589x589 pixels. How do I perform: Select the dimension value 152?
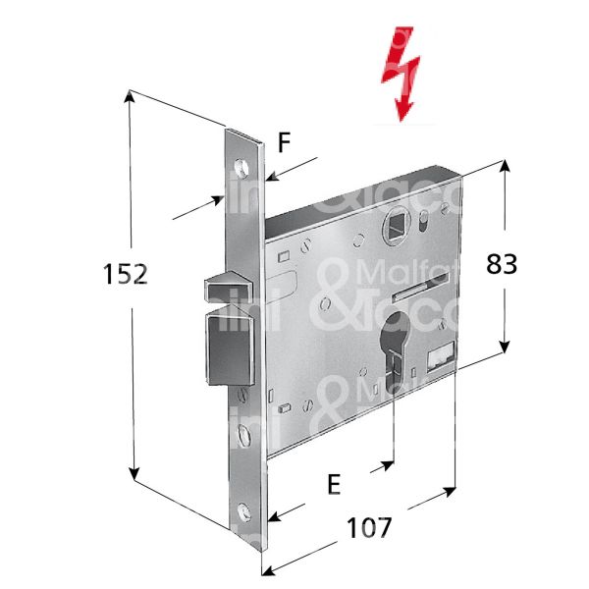(x=126, y=275)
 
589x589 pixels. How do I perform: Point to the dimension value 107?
(x=368, y=527)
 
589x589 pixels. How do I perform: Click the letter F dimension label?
(x=284, y=143)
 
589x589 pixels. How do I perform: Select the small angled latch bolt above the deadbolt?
(x=225, y=289)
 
